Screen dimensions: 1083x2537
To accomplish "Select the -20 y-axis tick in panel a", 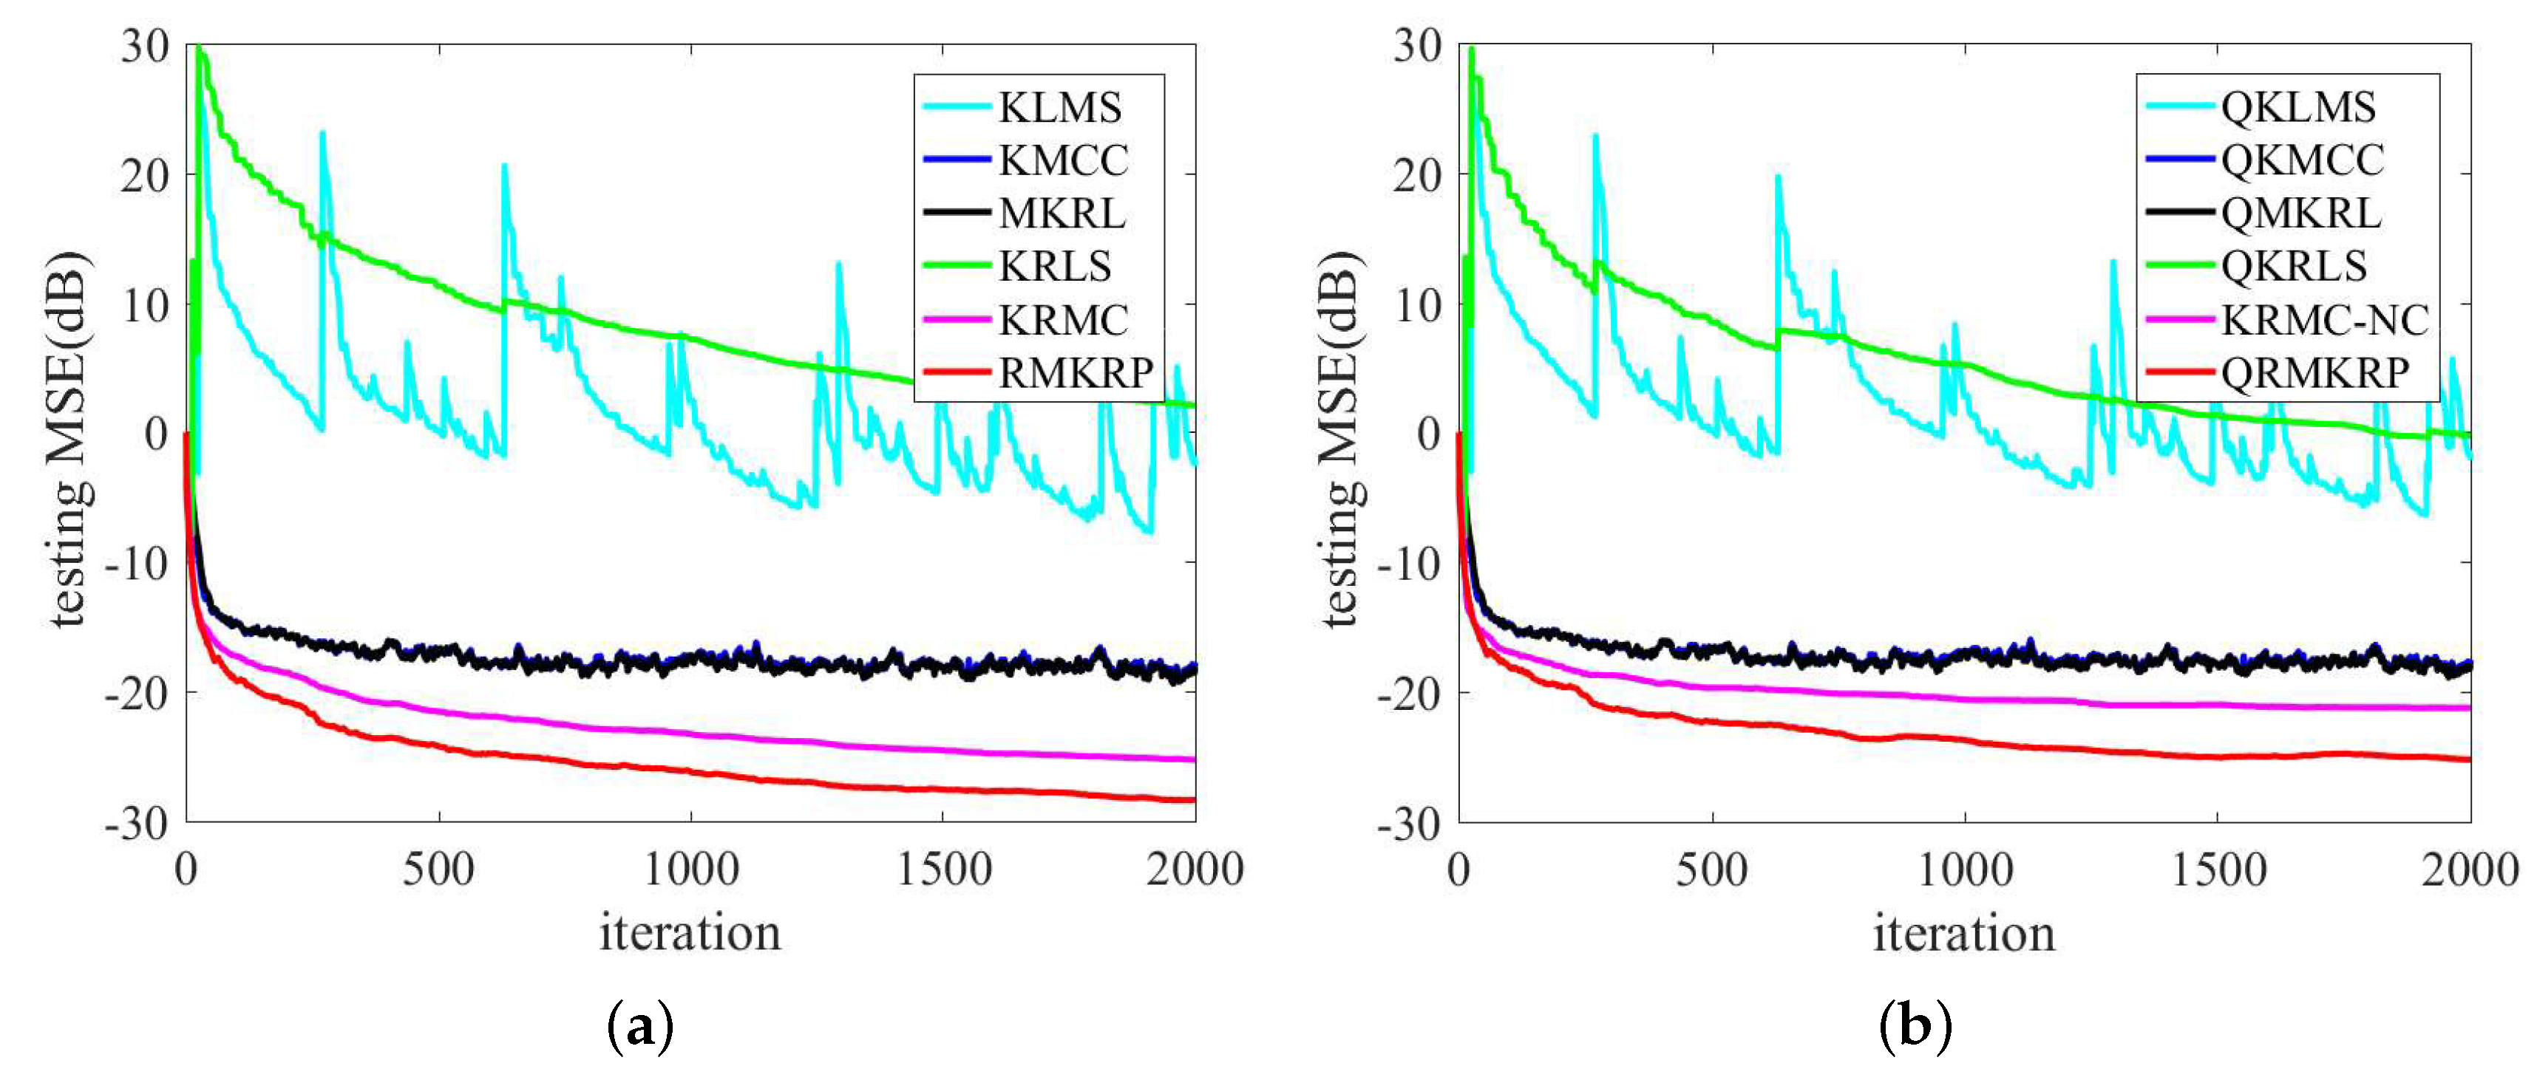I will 138,693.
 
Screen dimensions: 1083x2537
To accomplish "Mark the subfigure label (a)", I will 640,1027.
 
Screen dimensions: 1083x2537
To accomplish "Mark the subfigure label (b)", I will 1915,1027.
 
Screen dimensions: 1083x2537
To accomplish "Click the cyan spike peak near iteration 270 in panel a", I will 322,133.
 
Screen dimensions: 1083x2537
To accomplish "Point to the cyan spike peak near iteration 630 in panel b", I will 1778,177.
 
